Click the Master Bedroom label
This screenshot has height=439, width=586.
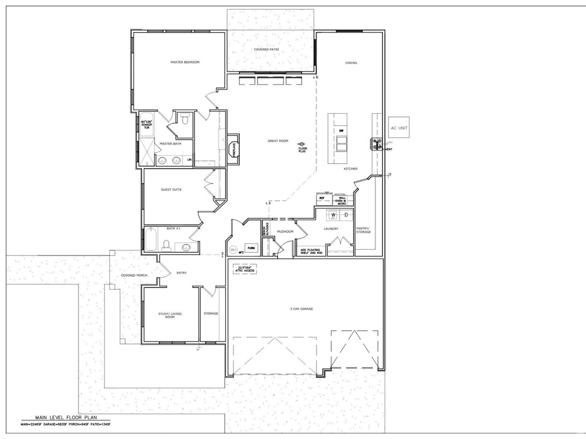pos(185,62)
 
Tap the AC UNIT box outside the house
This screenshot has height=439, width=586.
pos(399,128)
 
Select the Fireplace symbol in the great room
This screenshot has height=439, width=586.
pos(233,149)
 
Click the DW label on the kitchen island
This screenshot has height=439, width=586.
pos(340,131)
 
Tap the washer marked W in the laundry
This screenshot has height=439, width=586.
pos(333,215)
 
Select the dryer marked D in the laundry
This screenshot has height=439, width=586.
pos(346,215)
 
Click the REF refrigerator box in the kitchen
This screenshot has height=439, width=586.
pos(322,198)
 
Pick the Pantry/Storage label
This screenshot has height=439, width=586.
pos(363,230)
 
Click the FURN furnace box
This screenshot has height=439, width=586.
pos(251,249)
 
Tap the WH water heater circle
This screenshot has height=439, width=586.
pos(233,250)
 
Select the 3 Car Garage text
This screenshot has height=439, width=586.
pos(302,309)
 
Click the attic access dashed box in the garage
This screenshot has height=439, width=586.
pos(245,268)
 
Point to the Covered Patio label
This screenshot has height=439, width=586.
pos(266,50)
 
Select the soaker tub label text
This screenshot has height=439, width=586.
pos(146,124)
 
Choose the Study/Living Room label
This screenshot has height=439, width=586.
pos(170,315)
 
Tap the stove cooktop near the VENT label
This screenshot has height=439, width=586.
pos(377,145)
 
